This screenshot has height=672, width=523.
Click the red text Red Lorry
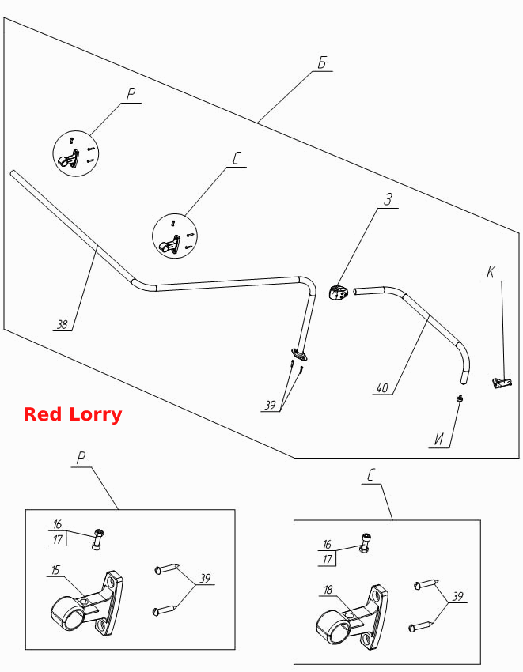tap(73, 414)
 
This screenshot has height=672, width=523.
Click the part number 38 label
tap(63, 324)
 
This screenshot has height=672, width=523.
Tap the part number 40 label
tap(382, 388)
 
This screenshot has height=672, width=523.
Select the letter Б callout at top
tap(322, 63)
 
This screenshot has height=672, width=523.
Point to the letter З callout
tap(388, 200)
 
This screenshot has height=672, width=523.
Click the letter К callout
tap(491, 272)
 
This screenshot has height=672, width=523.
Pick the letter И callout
tap(439, 439)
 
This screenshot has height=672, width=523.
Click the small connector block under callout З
tap(339, 293)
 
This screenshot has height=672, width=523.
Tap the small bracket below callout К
tap(501, 382)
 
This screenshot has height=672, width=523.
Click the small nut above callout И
tap(460, 398)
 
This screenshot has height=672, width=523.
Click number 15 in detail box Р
tap(55, 570)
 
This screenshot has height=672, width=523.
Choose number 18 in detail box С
tap(328, 590)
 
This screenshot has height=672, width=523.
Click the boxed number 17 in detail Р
tap(58, 539)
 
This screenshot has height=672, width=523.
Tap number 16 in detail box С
tap(327, 544)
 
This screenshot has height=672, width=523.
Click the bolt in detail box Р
tap(98, 539)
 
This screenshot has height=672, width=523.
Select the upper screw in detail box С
tap(426, 583)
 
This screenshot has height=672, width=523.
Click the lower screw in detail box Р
tap(165, 609)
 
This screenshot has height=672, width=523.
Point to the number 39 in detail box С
tap(458, 597)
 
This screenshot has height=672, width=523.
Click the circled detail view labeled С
tap(175, 236)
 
